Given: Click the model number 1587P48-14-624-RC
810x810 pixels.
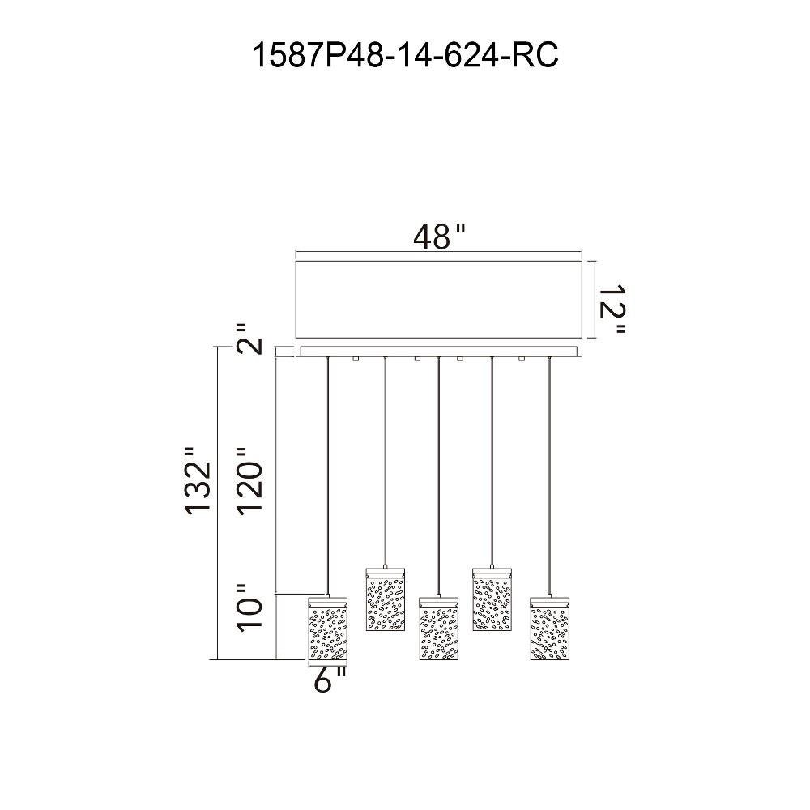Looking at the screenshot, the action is point(406,55).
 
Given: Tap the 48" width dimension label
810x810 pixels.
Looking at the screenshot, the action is point(440,237).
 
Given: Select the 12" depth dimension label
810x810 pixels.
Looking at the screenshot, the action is point(612,309).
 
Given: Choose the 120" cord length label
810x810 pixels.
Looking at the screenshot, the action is point(250,480).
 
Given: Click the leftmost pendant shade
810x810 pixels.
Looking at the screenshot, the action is point(328,629).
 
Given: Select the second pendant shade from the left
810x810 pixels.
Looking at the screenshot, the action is point(386,599).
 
